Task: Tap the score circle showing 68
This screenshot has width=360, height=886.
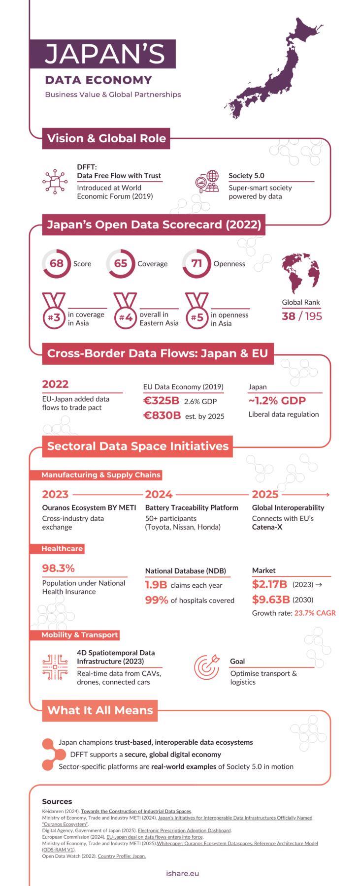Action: (x=56, y=263)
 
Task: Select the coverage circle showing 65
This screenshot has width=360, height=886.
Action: (x=121, y=263)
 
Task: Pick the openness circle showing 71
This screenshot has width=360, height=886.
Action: (x=196, y=263)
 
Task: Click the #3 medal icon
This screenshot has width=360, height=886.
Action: (x=54, y=312)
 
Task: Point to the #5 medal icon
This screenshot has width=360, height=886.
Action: (x=197, y=312)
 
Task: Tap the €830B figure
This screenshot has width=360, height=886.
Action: (x=162, y=415)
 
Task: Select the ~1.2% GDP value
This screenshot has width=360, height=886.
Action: (x=277, y=401)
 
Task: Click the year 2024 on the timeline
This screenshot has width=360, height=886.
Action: (x=159, y=494)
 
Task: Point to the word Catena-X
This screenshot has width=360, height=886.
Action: (x=267, y=527)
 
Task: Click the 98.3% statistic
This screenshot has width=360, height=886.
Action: (x=58, y=568)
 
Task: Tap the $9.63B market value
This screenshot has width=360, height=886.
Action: (x=271, y=600)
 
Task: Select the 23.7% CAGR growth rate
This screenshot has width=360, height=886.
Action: (x=315, y=613)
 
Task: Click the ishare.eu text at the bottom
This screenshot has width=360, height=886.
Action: (x=183, y=873)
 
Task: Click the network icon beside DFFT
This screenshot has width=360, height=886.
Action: (x=55, y=182)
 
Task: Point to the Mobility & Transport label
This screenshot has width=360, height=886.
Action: (x=79, y=635)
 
